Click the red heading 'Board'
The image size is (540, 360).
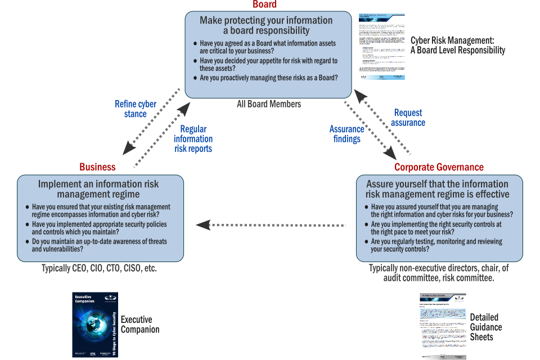coord(264,4)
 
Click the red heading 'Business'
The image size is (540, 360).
coord(97,166)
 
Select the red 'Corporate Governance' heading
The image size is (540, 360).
coord(439,167)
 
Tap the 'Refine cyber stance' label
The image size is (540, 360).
coord(136,109)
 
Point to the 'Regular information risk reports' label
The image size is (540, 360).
coord(193,139)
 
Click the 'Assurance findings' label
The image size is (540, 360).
coord(346,134)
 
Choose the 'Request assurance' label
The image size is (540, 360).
coord(408,118)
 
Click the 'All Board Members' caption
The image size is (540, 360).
coord(269,104)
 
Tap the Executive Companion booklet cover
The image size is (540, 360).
coord(95,325)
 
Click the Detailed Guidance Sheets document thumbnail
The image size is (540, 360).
coord(443,326)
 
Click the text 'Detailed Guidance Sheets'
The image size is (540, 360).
coord(486,327)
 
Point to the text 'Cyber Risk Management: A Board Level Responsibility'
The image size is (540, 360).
coord(458,45)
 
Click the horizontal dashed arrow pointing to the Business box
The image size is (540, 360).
coord(270,225)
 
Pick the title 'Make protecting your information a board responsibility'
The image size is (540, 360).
coord(266,25)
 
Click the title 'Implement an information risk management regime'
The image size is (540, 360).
coord(98,189)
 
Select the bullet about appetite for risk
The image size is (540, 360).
coord(268,65)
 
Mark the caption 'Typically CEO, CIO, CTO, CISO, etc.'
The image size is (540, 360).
coord(99,269)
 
